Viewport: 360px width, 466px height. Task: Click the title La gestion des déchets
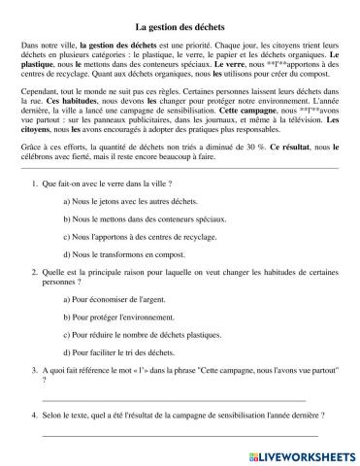point(180,29)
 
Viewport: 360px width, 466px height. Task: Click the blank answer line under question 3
point(175,425)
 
